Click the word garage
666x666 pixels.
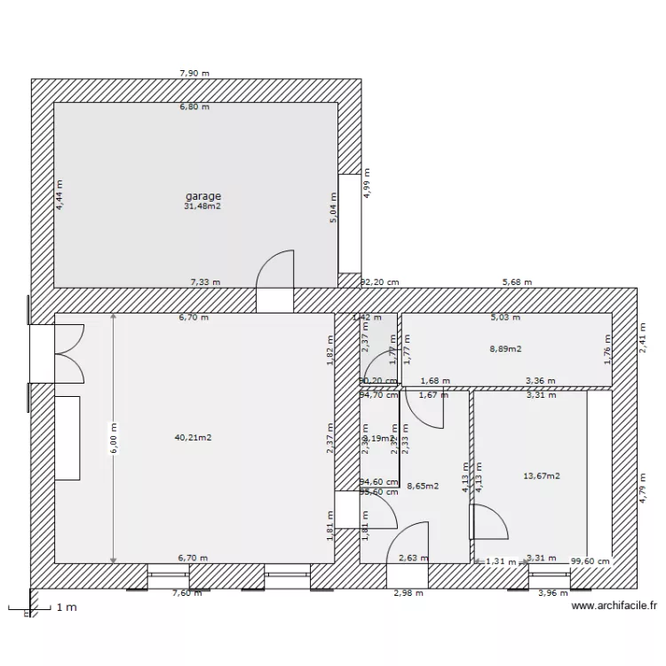[202, 196]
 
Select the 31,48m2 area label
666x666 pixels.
[202, 207]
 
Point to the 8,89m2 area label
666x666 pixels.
[505, 350]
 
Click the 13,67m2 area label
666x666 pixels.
[542, 476]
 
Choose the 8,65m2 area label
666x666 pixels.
[423, 486]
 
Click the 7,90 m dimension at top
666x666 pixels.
[194, 74]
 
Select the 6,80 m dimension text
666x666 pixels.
[194, 107]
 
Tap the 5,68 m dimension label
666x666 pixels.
[517, 282]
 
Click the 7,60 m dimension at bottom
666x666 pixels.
[186, 592]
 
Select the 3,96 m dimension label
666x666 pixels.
[552, 592]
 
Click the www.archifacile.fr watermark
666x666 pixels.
[614, 607]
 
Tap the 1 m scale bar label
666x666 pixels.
[66, 608]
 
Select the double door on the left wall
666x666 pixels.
[69, 353]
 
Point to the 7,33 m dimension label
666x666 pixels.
[205, 282]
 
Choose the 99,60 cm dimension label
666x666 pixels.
[591, 560]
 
